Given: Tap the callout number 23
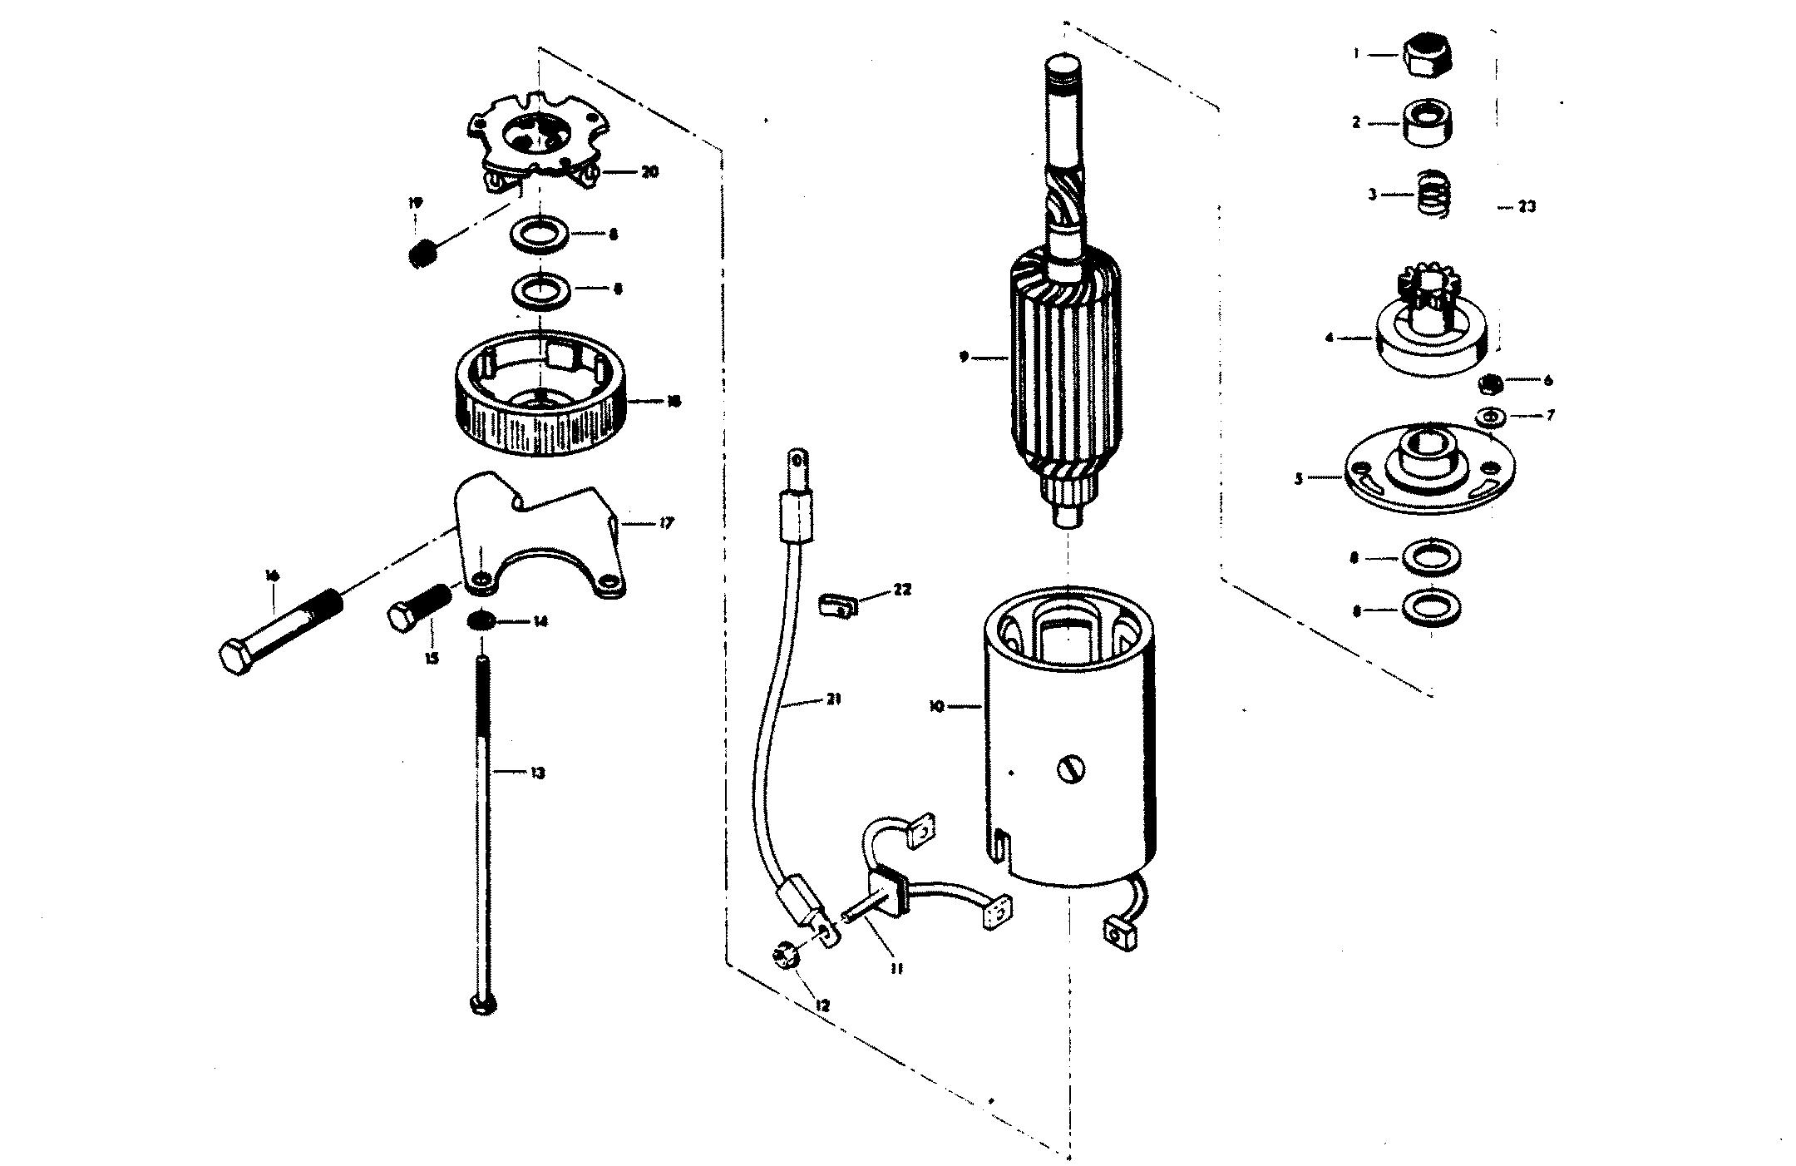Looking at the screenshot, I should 1527,207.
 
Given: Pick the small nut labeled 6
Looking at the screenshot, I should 1491,383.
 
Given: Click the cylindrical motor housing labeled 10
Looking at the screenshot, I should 1067,749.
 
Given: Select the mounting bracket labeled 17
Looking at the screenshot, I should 540,541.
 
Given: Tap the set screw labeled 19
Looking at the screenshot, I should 424,250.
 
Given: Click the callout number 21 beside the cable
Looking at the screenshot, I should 833,699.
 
